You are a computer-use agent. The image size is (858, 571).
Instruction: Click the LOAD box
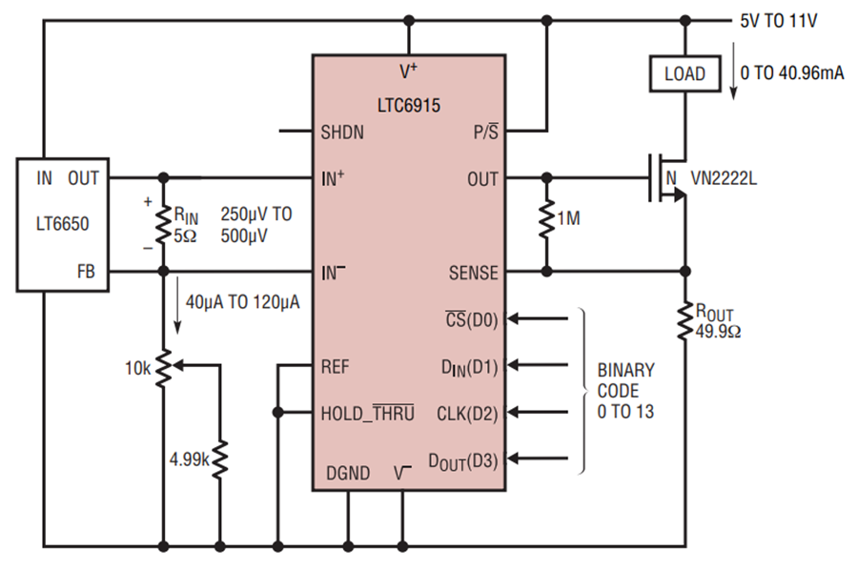coord(684,73)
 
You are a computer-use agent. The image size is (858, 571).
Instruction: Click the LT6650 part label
coord(62,224)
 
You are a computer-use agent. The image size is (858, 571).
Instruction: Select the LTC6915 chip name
coord(409,105)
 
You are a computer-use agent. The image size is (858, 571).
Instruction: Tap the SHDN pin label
coord(342,133)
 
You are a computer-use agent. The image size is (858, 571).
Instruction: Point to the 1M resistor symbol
coord(546,220)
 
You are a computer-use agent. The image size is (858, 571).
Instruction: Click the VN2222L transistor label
coord(724,178)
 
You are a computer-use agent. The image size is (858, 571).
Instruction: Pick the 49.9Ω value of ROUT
coord(718,332)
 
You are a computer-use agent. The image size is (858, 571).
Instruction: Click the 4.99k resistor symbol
coord(220,459)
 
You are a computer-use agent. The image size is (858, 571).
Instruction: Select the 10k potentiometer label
coord(137,369)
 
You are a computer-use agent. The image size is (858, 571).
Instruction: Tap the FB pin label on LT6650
coord(86,272)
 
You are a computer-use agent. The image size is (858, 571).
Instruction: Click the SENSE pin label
coord(473,273)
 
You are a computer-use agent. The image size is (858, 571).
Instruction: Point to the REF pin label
coord(335,366)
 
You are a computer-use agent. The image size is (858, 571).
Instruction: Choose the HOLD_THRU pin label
coord(367,413)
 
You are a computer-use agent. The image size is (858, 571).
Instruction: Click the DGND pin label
coord(348,473)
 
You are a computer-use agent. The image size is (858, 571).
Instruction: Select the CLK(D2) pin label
coord(467,414)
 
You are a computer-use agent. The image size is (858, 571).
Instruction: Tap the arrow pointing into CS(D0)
coord(538,318)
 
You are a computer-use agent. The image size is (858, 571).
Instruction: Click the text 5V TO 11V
coord(779,21)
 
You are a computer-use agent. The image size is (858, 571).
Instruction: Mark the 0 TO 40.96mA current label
coord(792,72)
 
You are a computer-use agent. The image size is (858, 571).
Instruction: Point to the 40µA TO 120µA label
coord(242,302)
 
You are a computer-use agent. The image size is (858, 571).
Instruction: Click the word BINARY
coord(625,370)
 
